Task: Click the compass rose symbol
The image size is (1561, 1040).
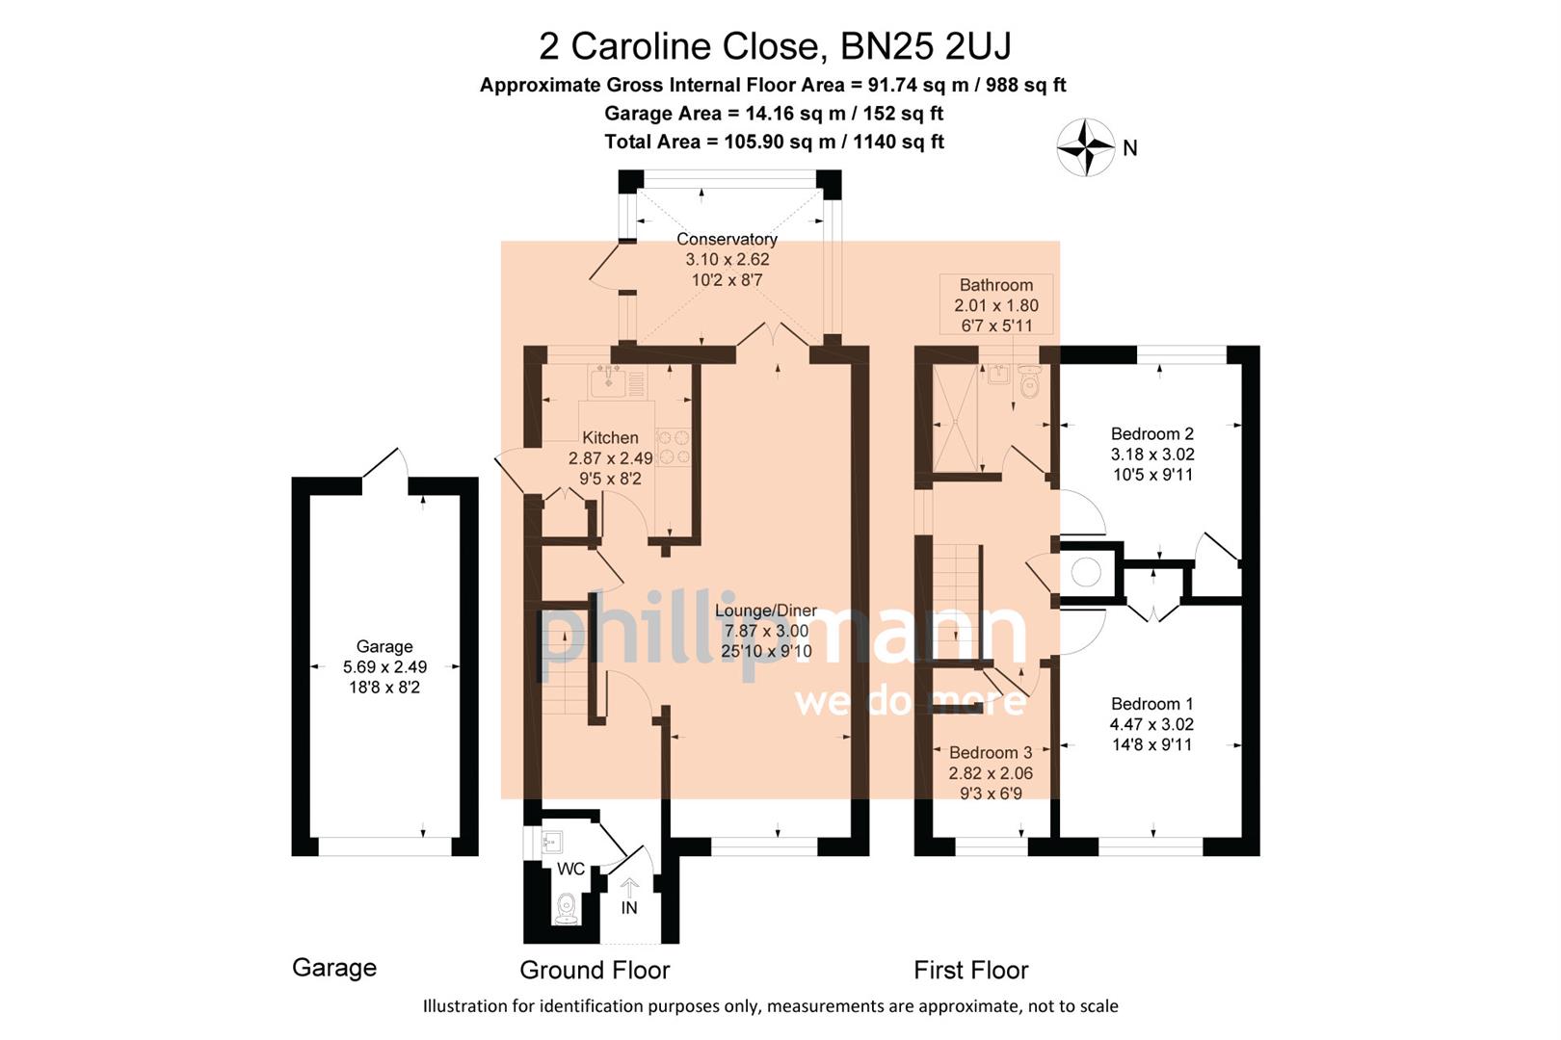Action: pyautogui.click(x=1086, y=147)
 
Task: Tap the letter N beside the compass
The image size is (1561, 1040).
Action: pyautogui.click(x=1130, y=148)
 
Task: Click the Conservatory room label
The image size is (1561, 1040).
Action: pyautogui.click(x=727, y=239)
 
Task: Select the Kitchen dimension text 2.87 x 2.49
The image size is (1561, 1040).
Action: pyautogui.click(x=610, y=458)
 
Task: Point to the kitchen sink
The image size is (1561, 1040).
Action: pyautogui.click(x=608, y=382)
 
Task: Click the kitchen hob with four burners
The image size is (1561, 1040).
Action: pyautogui.click(x=674, y=447)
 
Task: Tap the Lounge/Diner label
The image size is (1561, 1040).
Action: pyautogui.click(x=765, y=611)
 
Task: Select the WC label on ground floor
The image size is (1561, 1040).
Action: pyautogui.click(x=570, y=869)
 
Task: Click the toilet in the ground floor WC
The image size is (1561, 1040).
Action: pyautogui.click(x=567, y=907)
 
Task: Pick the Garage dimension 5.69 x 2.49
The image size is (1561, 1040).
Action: pyautogui.click(x=384, y=666)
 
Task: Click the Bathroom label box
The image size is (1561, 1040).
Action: pyautogui.click(x=996, y=304)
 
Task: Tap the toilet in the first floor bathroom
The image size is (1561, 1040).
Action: pyautogui.click(x=1029, y=385)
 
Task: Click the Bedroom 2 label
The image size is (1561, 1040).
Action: pyautogui.click(x=1151, y=433)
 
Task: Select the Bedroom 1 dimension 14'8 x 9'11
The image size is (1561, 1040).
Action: pyautogui.click(x=1151, y=744)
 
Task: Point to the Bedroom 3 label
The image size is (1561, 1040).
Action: pyautogui.click(x=991, y=752)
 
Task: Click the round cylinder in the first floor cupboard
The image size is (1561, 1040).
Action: pyautogui.click(x=1086, y=573)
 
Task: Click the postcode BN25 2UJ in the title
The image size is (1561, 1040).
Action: pyautogui.click(x=926, y=45)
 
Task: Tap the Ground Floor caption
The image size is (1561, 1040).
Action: pyautogui.click(x=595, y=970)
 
